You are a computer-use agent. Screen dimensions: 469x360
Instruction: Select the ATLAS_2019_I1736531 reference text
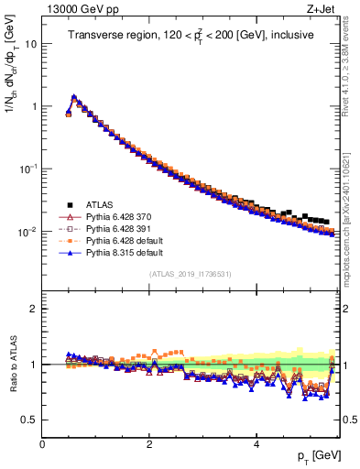point(190,274)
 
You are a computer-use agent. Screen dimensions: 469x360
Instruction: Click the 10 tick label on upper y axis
point(30,44)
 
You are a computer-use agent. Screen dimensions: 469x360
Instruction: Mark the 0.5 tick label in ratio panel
point(28,420)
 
